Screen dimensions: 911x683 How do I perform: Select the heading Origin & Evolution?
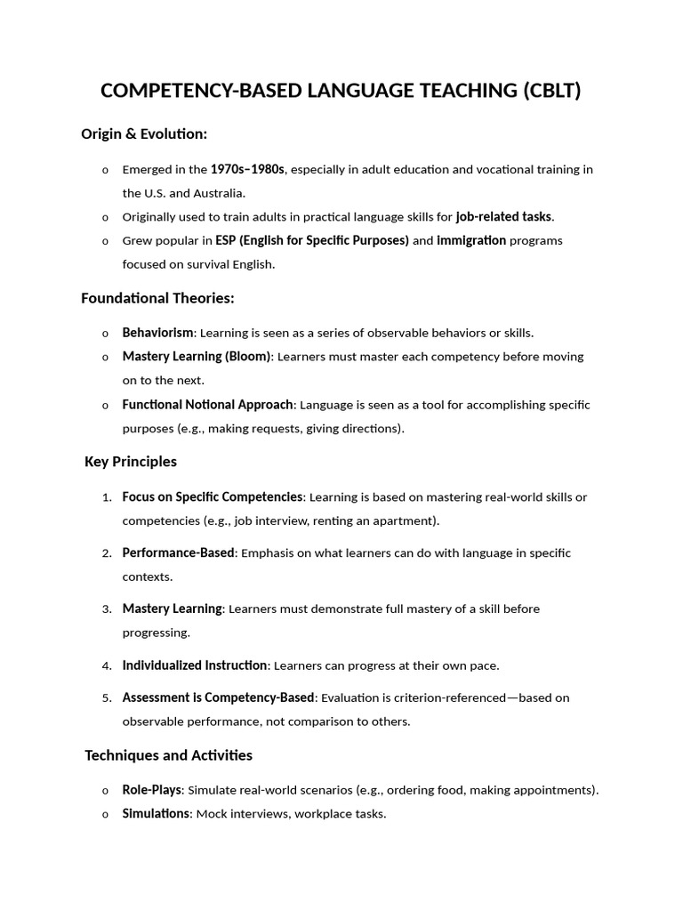coord(144,134)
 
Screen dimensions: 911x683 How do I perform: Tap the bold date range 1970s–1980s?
coord(247,169)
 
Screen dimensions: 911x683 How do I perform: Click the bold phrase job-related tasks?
coord(503,216)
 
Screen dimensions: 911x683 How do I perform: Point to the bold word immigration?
coord(471,240)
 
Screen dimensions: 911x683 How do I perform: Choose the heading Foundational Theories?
coord(157,298)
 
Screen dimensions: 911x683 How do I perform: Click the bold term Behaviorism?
coord(157,333)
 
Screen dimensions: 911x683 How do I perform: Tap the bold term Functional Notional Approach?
coord(207,405)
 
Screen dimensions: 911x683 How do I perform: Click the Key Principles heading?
coord(131,462)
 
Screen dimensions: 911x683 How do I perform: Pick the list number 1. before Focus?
coord(107,497)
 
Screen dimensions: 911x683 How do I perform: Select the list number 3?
coord(107,609)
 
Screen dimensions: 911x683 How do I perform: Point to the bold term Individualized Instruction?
coord(195,665)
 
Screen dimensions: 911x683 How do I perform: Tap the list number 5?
coord(107,698)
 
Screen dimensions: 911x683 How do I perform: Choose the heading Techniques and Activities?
coord(168,755)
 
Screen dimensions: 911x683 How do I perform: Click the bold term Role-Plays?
coord(152,790)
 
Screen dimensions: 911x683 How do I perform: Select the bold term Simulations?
coord(156,814)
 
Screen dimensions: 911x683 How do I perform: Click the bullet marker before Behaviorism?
coord(106,334)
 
